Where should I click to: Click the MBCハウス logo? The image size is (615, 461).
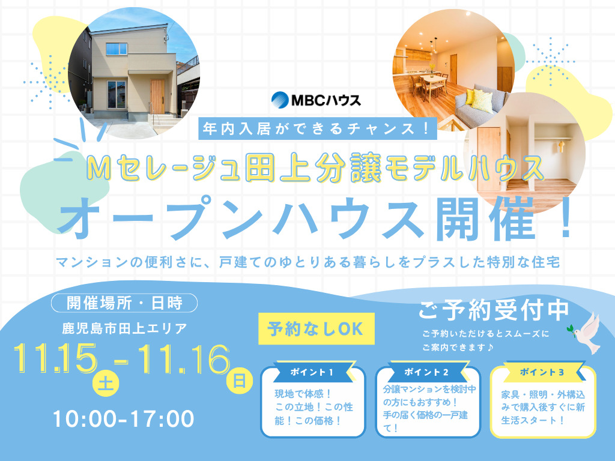coord(316,99)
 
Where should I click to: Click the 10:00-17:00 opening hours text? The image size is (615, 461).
coord(123,419)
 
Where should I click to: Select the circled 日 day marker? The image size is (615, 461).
coord(239,380)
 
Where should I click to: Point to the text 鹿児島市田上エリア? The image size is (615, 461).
coord(124,328)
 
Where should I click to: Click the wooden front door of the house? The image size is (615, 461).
coord(157,96)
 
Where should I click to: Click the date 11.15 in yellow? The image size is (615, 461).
coord(58,358)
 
